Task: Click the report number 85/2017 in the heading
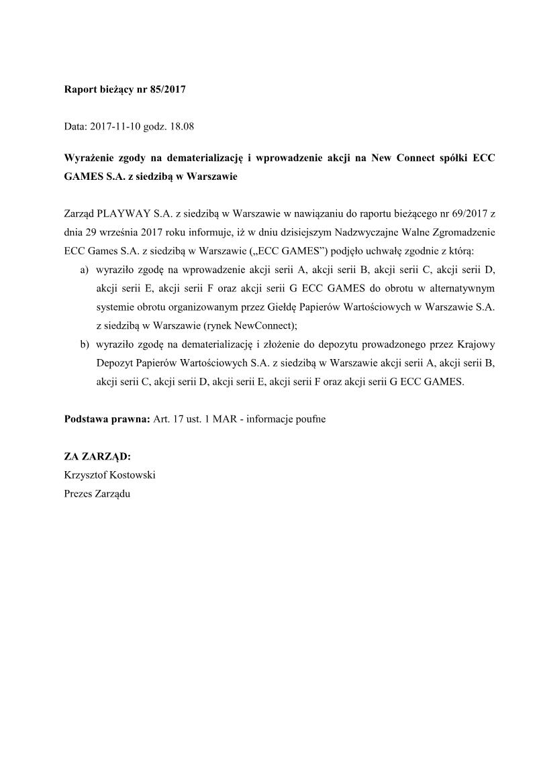click(x=166, y=88)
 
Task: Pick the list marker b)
click(x=85, y=345)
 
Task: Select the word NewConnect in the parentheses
click(x=264, y=326)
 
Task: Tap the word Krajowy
click(x=476, y=345)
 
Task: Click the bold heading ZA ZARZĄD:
click(x=97, y=456)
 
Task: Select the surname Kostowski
click(x=134, y=474)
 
